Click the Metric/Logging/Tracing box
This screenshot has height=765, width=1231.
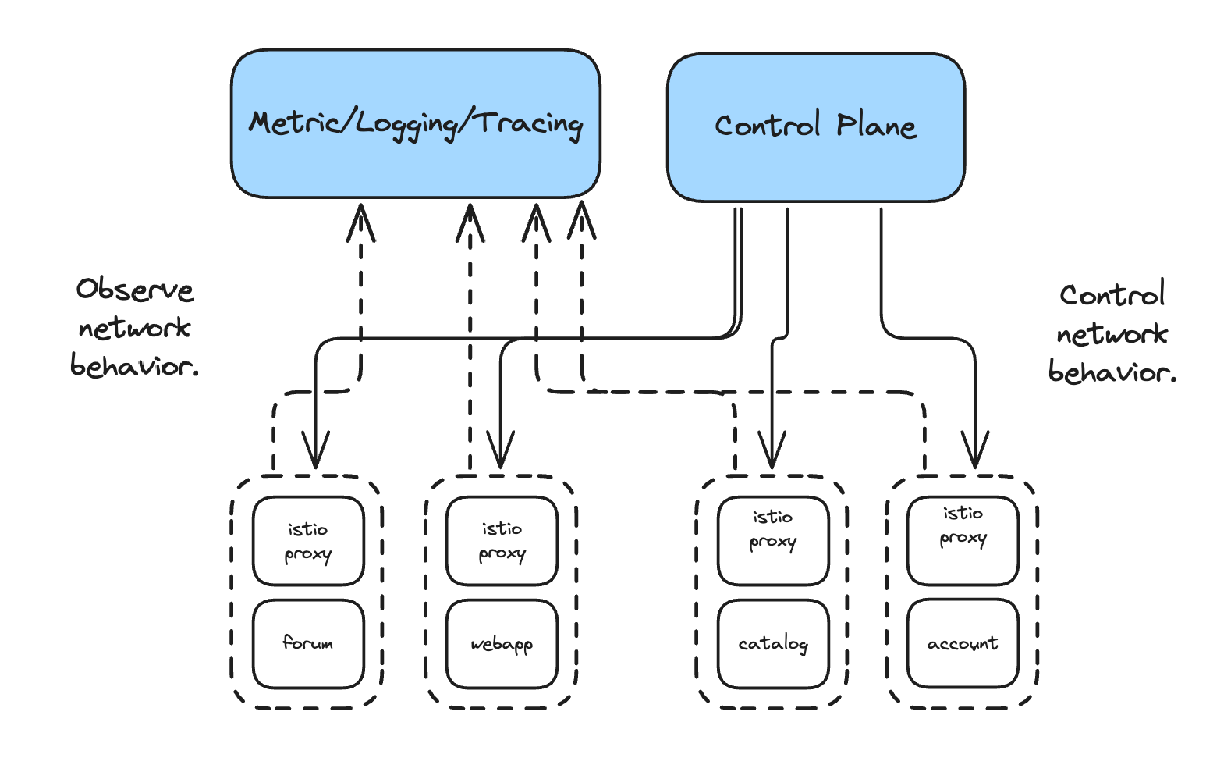(416, 123)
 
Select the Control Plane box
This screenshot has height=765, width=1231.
(816, 127)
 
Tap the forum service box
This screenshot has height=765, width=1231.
(308, 643)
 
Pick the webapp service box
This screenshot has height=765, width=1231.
(502, 643)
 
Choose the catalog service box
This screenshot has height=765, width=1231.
(773, 643)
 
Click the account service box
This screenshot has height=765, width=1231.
(963, 643)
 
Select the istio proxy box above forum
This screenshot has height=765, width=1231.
(308, 541)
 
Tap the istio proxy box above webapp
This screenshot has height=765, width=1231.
(502, 541)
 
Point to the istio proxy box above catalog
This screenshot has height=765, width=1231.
(773, 541)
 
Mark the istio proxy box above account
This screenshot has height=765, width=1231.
(963, 541)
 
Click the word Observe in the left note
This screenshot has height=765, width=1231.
(135, 290)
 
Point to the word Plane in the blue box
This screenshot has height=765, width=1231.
(877, 126)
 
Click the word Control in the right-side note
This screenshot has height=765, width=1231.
(1112, 295)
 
